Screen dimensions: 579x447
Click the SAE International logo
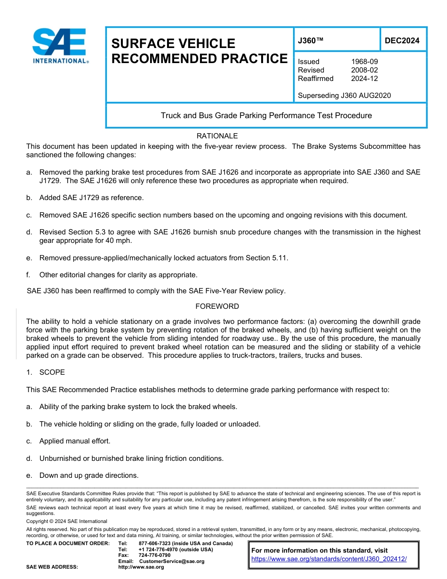[x=60, y=46]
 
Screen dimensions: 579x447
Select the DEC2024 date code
[x=402, y=41]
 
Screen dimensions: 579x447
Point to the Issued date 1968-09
[x=364, y=62]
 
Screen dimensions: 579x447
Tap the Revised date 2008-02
[x=364, y=70]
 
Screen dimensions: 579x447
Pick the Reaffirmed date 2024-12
[x=364, y=79]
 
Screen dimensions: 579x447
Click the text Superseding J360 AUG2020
[x=344, y=96]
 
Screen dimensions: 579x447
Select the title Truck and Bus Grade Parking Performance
[x=266, y=115]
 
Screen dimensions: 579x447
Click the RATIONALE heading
[x=217, y=136]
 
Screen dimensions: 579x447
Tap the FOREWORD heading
[x=217, y=306]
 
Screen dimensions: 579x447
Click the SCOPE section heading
[x=52, y=372]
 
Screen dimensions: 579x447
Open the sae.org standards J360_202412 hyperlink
[x=328, y=559]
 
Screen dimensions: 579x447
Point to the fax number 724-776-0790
[x=154, y=555]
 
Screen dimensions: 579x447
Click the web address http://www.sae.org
[x=141, y=567]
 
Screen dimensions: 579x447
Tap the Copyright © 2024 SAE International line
[x=67, y=521]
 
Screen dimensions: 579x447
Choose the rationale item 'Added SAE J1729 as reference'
[x=91, y=198]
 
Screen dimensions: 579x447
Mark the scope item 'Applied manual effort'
[x=74, y=442]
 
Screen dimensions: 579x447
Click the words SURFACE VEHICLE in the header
[x=173, y=44]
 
